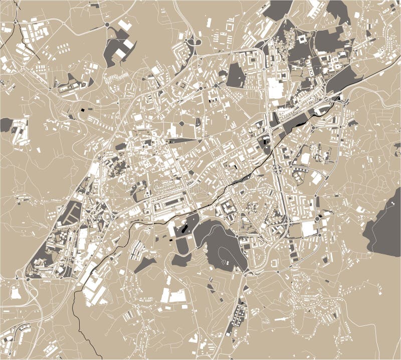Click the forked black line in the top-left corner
(18, 25)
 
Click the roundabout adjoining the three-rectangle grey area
(107, 24)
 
